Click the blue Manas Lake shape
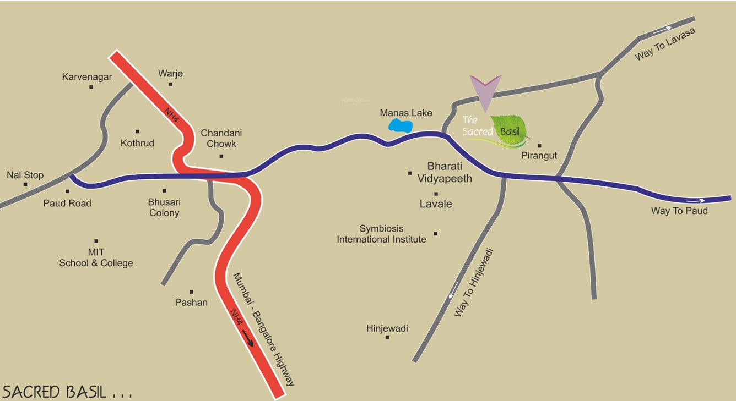coord(401,126)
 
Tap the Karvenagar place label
coord(86,77)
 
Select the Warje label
coord(170,73)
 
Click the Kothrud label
coord(137,143)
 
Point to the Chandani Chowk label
coord(221,138)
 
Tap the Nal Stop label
coord(25,175)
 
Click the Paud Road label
coord(67,203)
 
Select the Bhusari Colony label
coord(164,207)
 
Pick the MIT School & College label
coord(96,257)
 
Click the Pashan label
coord(191,302)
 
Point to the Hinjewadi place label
coord(387,328)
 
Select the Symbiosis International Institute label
coord(382,234)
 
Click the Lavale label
coord(436,204)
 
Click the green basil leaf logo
coord(510,131)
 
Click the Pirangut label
coord(539,156)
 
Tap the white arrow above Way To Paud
coord(696,201)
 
